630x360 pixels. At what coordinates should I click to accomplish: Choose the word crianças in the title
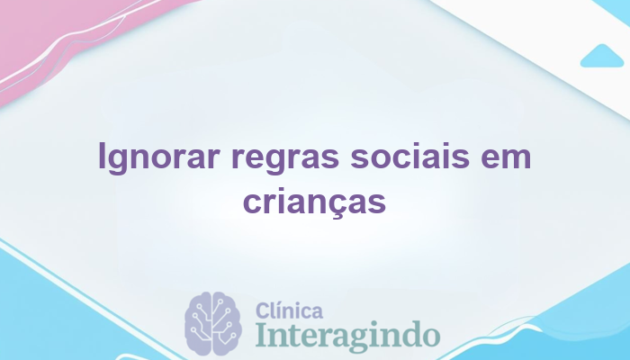coord(315,202)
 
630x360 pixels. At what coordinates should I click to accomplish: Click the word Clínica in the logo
coord(290,311)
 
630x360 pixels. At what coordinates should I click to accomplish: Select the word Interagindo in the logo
coord(346,335)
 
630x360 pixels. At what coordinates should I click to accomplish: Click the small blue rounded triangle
coord(602,56)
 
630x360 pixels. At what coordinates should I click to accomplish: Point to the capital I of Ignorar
coord(102,158)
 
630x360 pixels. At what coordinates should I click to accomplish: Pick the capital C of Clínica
coord(264,311)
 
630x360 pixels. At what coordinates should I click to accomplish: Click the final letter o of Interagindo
coord(430,336)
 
